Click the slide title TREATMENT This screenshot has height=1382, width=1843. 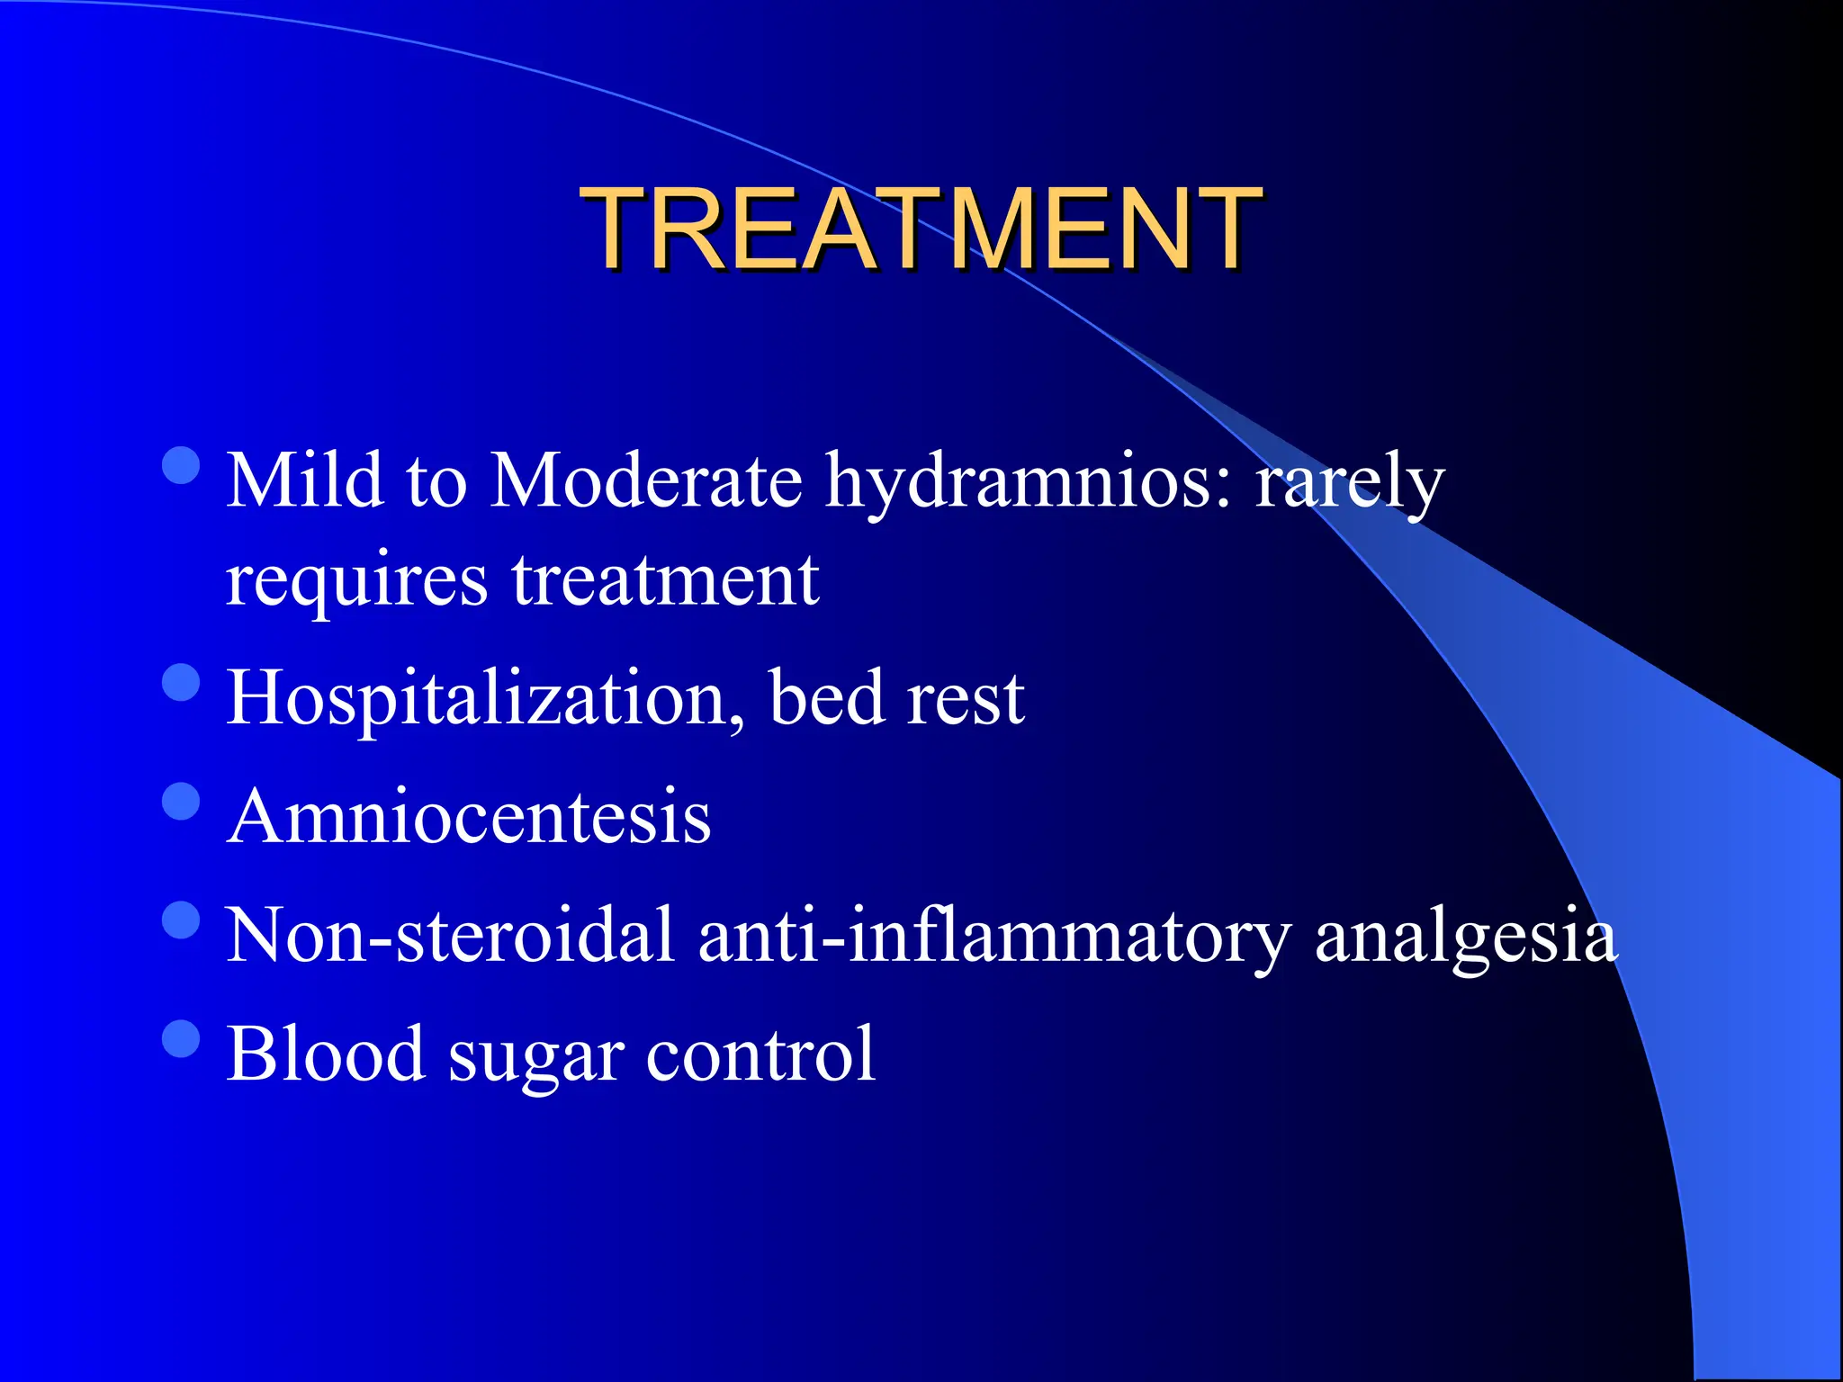[x=921, y=229]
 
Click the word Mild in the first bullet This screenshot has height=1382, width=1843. [x=305, y=481]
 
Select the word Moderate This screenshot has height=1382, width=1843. [x=646, y=481]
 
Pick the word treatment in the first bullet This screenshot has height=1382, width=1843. [x=666, y=580]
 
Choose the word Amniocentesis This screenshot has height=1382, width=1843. [x=469, y=817]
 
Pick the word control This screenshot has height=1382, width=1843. [x=760, y=1054]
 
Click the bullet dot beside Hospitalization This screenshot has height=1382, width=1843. [x=182, y=682]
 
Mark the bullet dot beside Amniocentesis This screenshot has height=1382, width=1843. [x=182, y=801]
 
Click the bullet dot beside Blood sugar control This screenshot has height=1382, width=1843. [x=182, y=1037]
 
